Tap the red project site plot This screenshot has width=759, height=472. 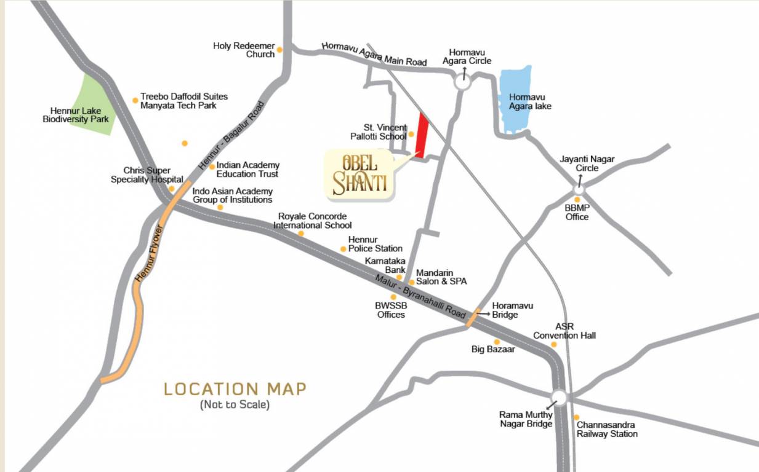point(422,135)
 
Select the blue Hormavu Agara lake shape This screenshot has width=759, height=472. point(515,101)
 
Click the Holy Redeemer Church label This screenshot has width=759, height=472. point(244,50)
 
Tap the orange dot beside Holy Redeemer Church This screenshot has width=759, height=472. point(279,50)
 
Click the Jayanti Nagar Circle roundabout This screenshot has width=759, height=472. point(579,189)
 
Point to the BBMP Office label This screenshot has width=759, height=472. point(577,212)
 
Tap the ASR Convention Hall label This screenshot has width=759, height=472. point(564,331)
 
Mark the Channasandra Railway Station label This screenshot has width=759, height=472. point(607,429)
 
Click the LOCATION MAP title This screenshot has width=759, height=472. point(235,389)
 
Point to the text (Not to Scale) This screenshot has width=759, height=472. point(235,405)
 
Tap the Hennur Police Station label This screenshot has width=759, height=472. point(375,244)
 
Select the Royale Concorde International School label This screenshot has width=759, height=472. point(315,221)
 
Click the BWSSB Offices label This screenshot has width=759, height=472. point(391,310)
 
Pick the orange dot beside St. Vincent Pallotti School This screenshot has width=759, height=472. point(411,133)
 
